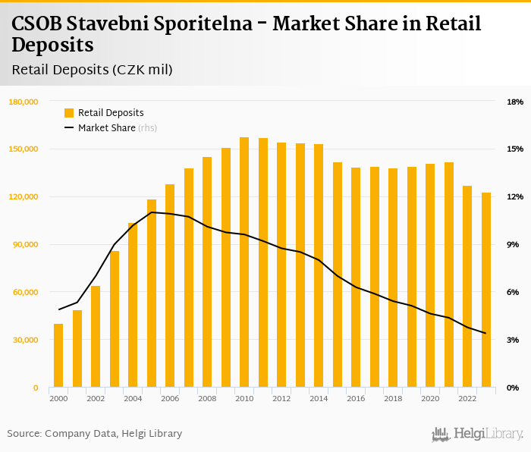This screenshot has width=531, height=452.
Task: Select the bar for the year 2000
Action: (x=58, y=356)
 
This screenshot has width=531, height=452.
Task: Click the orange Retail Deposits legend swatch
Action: (x=69, y=113)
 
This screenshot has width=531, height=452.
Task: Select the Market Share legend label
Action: (x=106, y=128)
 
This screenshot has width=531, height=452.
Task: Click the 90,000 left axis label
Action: (x=25, y=244)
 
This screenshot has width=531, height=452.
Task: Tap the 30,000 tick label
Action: (x=25, y=340)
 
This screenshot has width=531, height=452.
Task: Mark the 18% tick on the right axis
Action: (x=514, y=102)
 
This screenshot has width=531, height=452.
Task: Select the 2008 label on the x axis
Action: (x=207, y=399)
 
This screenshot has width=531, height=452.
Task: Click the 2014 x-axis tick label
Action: (x=319, y=399)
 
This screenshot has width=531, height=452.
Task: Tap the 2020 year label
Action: (x=430, y=399)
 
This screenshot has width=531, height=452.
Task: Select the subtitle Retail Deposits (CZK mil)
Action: (x=93, y=70)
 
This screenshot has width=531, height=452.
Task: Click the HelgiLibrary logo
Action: (x=478, y=434)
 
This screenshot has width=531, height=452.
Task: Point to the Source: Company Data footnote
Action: (x=95, y=434)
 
